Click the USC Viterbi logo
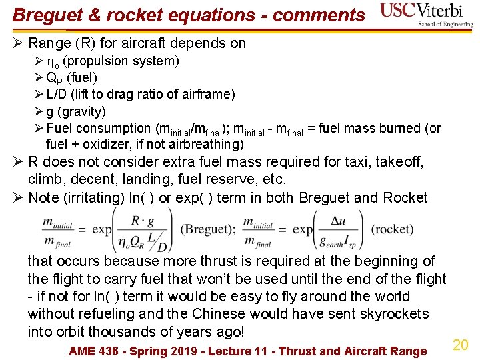[426, 14]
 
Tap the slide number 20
[461, 345]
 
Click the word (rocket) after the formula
[393, 229]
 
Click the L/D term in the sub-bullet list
[58, 95]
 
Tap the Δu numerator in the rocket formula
[337, 220]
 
